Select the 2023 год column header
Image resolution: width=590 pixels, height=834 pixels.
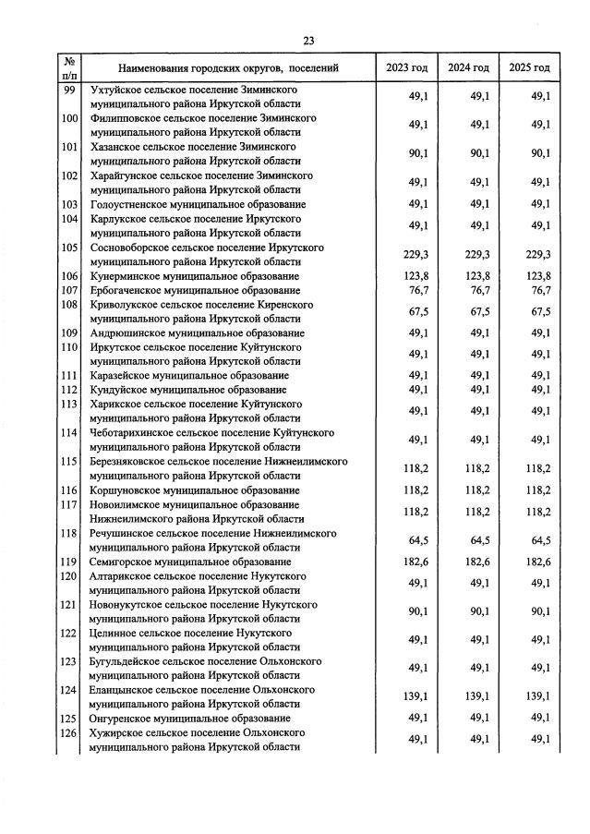point(406,68)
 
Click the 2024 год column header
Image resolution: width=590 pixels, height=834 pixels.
point(469,68)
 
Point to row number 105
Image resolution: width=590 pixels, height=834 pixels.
point(68,248)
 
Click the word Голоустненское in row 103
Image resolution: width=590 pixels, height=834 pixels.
point(131,204)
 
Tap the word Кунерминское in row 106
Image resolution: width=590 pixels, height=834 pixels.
point(126,276)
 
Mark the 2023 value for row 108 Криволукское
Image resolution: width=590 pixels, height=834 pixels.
point(412,312)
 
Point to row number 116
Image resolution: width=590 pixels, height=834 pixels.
point(68,490)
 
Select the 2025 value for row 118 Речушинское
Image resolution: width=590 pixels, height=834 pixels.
point(537,540)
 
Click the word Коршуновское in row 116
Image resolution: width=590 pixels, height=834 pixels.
point(126,490)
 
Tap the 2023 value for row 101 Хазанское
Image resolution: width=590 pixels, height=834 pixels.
point(412,153)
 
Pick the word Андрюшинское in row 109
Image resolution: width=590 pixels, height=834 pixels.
point(127,333)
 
